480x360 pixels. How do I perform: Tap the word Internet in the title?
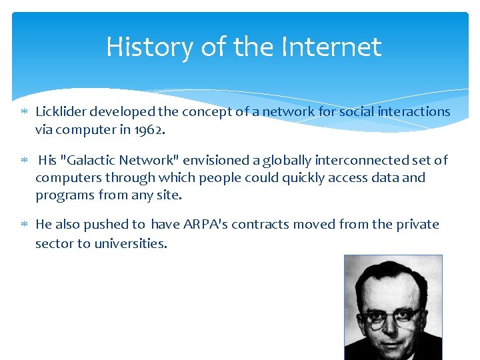coord(331,47)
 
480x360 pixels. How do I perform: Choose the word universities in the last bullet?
coord(130,243)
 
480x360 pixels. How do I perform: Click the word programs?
coord(62,196)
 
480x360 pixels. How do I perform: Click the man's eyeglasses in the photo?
coord(393,315)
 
